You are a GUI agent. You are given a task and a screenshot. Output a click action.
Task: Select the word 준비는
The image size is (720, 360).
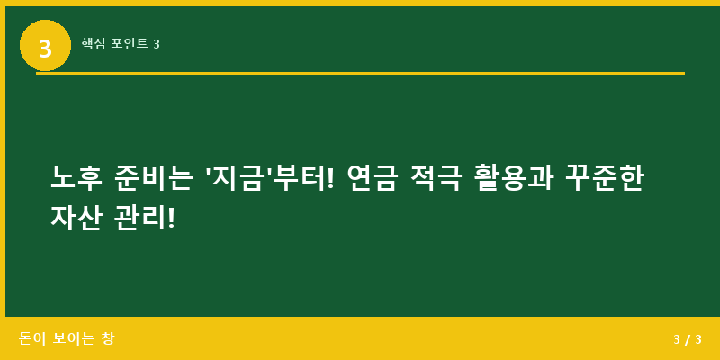tap(154, 178)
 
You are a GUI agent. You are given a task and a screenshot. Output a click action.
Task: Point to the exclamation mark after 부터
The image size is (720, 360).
tap(328, 178)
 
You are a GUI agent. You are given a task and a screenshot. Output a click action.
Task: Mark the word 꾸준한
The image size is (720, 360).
tap(605, 178)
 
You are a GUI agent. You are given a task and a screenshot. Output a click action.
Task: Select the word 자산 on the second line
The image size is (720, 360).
tap(76, 218)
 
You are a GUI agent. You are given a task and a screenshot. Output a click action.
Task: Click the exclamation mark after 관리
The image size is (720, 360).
tap(171, 218)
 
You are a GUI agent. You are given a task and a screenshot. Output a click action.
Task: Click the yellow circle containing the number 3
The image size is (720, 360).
tap(45, 46)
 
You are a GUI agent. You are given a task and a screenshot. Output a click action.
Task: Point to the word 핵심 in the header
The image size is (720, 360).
tap(93, 43)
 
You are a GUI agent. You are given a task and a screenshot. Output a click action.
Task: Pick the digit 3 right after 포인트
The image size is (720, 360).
tap(157, 44)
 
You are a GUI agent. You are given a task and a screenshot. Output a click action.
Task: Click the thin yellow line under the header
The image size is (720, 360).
tap(360, 73)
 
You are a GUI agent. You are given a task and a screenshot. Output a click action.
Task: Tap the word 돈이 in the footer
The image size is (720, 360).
tap(32, 339)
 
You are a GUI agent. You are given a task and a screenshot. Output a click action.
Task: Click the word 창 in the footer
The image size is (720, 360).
tap(108, 339)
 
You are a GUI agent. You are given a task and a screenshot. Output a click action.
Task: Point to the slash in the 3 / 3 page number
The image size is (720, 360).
tap(688, 340)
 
